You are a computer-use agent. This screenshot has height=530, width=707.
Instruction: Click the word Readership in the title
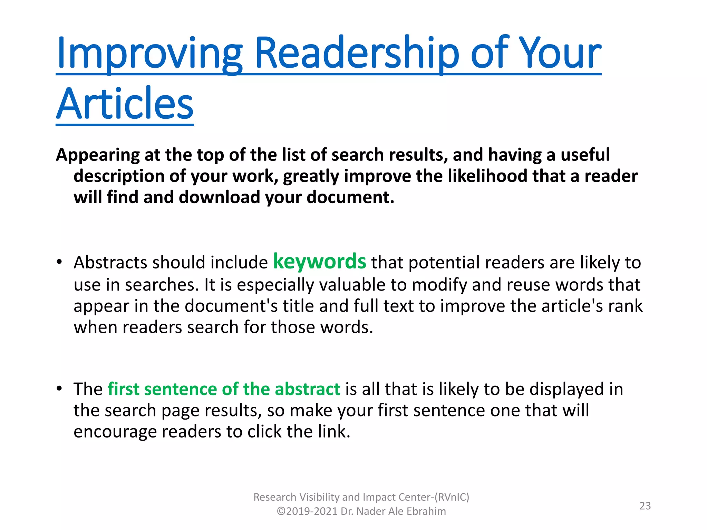[357, 53]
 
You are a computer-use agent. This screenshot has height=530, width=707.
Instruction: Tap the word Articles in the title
[125, 104]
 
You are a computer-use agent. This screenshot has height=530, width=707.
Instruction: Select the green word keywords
[319, 262]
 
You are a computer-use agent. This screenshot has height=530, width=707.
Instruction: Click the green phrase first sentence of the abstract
[224, 389]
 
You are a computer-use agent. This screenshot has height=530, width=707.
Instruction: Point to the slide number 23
[645, 506]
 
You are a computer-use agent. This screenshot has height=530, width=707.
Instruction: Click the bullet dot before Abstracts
[59, 262]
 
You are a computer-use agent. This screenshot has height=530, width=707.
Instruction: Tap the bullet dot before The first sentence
[59, 389]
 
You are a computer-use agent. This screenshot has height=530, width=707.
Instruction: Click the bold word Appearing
[98, 155]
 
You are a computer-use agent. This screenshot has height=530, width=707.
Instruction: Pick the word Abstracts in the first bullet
[110, 262]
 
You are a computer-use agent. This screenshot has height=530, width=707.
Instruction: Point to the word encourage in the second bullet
[115, 432]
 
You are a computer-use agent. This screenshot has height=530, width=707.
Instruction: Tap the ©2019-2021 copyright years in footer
[307, 511]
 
